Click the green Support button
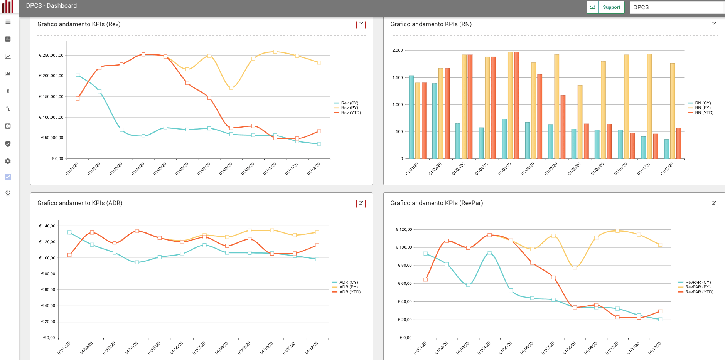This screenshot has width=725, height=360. pyautogui.click(x=611, y=7)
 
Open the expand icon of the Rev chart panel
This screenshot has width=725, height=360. pyautogui.click(x=361, y=24)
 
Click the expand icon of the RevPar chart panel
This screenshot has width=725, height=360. pyautogui.click(x=714, y=204)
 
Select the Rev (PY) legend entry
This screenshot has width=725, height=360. pyautogui.click(x=349, y=108)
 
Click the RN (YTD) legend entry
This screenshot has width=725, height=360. pyautogui.click(x=704, y=113)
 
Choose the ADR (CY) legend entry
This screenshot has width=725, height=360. pyautogui.click(x=348, y=283)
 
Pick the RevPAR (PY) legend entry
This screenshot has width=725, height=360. pyautogui.click(x=697, y=287)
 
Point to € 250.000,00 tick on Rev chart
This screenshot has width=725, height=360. pyautogui.click(x=51, y=55)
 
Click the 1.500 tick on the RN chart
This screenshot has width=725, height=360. pyautogui.click(x=397, y=77)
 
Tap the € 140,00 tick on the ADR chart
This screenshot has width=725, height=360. pyautogui.click(x=47, y=226)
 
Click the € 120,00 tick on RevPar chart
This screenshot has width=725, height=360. pyautogui.click(x=404, y=229)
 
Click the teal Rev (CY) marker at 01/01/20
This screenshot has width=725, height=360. pyautogui.click(x=78, y=75)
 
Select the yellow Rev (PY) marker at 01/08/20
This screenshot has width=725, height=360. pyautogui.click(x=231, y=88)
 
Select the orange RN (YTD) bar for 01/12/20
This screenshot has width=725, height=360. pyautogui.click(x=679, y=143)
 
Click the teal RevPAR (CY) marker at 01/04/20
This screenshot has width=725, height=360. pyautogui.click(x=489, y=253)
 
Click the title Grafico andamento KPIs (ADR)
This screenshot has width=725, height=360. pyautogui.click(x=80, y=203)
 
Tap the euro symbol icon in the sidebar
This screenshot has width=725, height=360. pyautogui.click(x=8, y=91)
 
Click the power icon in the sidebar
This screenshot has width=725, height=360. pyautogui.click(x=8, y=193)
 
